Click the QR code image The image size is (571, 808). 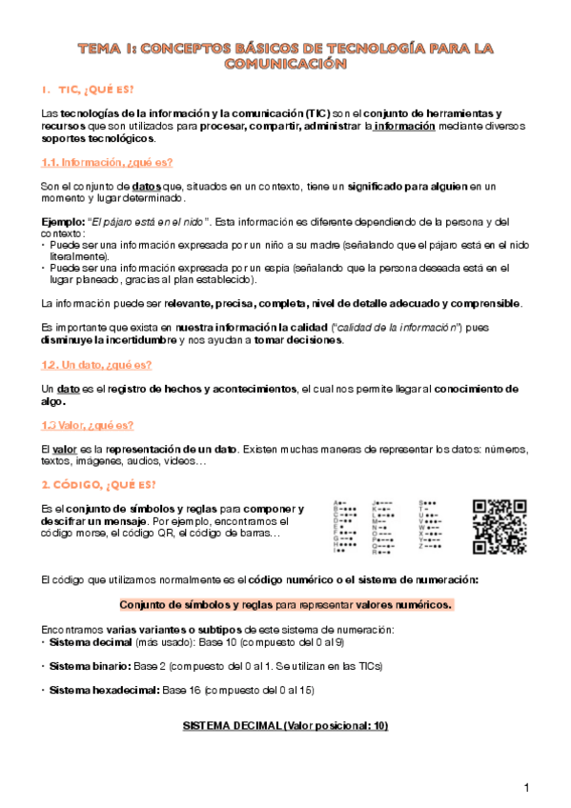pos(500,525)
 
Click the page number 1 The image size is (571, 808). pos(525,787)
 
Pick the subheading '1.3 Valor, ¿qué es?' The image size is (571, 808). pos(88,425)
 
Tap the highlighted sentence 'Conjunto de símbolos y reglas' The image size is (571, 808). pos(195,605)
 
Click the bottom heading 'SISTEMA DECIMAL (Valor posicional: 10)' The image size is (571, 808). pos(286,726)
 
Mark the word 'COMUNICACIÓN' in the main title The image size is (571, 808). pos(284,64)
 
